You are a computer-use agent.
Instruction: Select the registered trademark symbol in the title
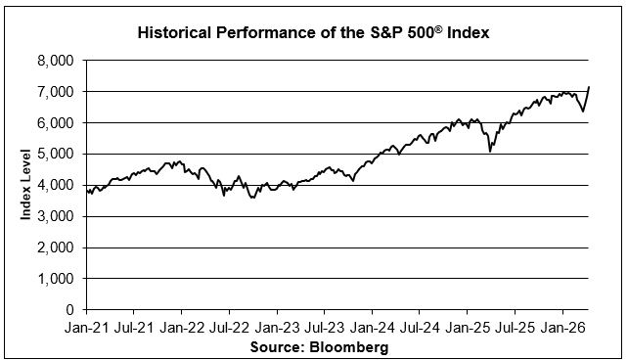[438, 28]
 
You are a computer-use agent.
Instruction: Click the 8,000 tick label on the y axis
[56, 61]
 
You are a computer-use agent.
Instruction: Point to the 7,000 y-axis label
[56, 92]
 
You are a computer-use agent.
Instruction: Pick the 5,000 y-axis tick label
[56, 155]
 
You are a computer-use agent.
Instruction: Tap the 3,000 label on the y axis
[56, 216]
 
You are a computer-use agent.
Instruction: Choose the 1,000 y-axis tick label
[56, 279]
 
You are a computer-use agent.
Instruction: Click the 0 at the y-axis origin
[70, 309]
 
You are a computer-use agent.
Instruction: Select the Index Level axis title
[25, 185]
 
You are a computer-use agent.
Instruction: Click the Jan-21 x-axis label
[86, 328]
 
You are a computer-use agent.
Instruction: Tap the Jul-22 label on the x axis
[228, 328]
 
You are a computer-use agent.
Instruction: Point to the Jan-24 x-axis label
[373, 328]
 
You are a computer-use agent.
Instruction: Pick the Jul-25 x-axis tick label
[515, 328]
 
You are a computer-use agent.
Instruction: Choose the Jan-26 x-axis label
[563, 328]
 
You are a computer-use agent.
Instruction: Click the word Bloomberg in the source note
[349, 346]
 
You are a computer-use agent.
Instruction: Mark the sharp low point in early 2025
[490, 152]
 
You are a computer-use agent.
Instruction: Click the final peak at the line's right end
[588, 87]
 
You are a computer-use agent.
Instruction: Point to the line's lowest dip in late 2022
[252, 198]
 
